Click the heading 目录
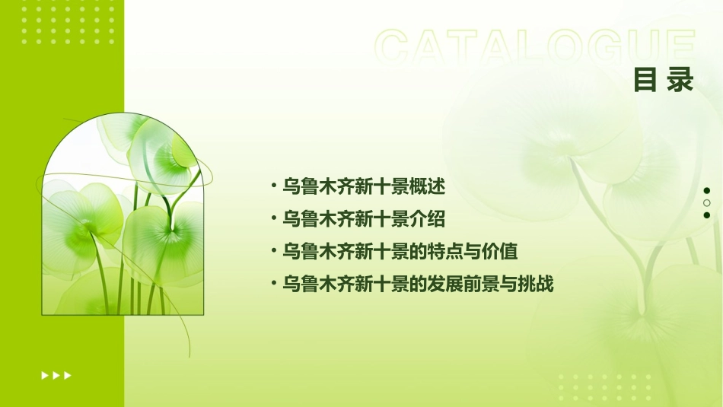[x=664, y=79]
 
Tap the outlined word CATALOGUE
[x=535, y=47]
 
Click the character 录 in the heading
[x=680, y=79]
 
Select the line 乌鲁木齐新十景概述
[x=363, y=186]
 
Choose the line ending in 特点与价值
[x=400, y=252]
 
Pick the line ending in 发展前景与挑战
[x=418, y=285]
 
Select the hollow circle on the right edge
[x=706, y=203]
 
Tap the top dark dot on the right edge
[x=706, y=191]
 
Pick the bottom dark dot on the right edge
[x=706, y=215]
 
